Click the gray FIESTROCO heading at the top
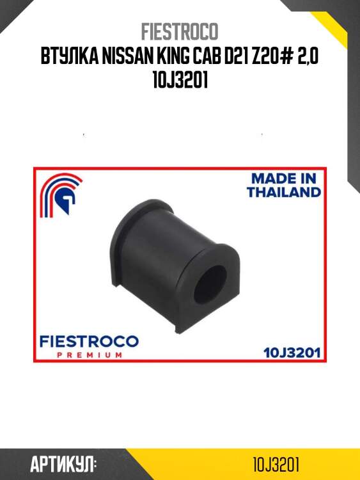[180, 31]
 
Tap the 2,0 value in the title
[308, 56]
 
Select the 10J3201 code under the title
[180, 80]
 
